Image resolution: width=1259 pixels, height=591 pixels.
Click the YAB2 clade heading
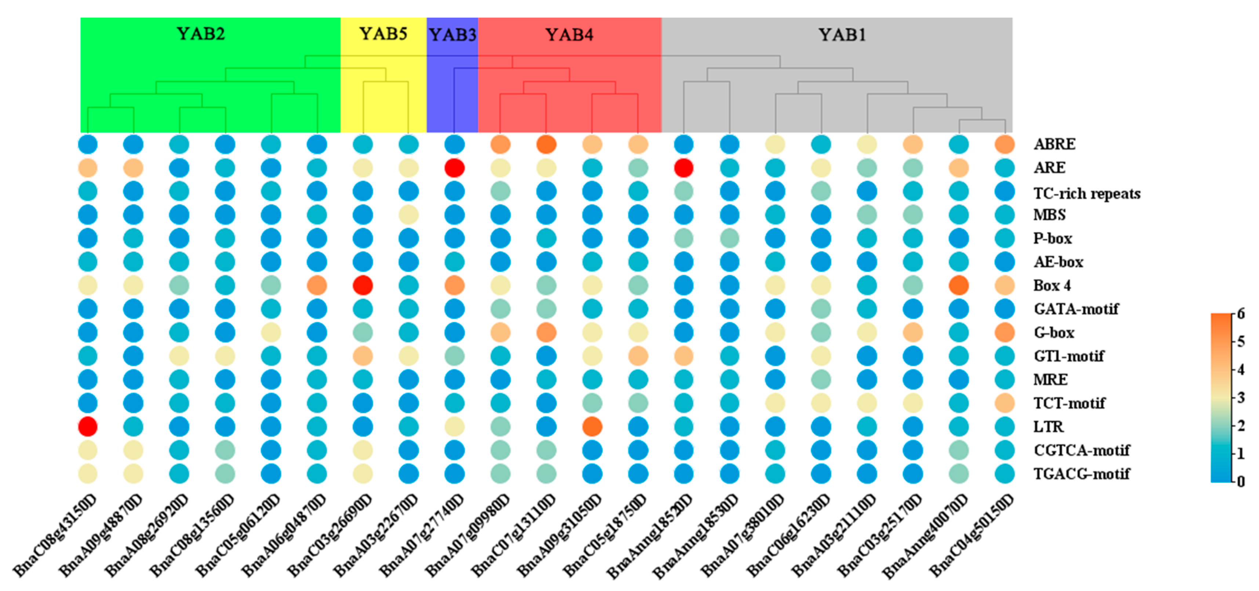click(x=201, y=34)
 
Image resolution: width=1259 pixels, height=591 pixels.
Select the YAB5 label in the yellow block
click(x=383, y=34)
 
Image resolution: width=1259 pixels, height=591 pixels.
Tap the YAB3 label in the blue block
click(x=453, y=35)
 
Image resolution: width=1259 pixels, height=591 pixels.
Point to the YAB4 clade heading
click(x=569, y=35)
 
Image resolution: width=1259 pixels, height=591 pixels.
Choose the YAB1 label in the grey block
click(x=842, y=35)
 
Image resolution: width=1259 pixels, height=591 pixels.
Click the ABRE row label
click(x=1054, y=144)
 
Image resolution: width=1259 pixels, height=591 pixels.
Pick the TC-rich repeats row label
click(x=1086, y=193)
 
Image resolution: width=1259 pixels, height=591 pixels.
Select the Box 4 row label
click(x=1052, y=285)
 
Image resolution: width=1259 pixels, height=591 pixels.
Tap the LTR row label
click(x=1048, y=427)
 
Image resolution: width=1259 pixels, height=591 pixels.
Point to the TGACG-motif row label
click(x=1081, y=474)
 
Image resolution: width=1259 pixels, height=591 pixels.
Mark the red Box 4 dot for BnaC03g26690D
click(x=363, y=285)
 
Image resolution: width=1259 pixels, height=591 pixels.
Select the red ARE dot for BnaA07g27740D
click(x=454, y=168)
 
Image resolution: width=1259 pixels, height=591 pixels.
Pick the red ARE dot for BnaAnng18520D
click(x=683, y=168)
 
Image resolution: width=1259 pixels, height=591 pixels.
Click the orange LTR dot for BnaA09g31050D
click(x=592, y=426)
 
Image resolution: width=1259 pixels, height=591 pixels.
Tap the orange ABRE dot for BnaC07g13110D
click(x=546, y=145)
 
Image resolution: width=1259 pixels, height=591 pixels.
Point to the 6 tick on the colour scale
click(x=1240, y=314)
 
